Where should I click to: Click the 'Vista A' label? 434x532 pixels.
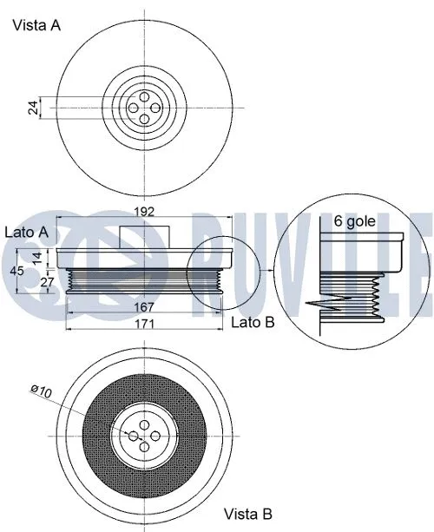pos(36,25)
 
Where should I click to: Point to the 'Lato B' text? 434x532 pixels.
pos(253,323)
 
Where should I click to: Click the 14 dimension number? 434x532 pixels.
pos(36,257)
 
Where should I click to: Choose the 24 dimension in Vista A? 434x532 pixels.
pos(33,108)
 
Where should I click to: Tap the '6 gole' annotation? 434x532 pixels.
pos(355,221)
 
